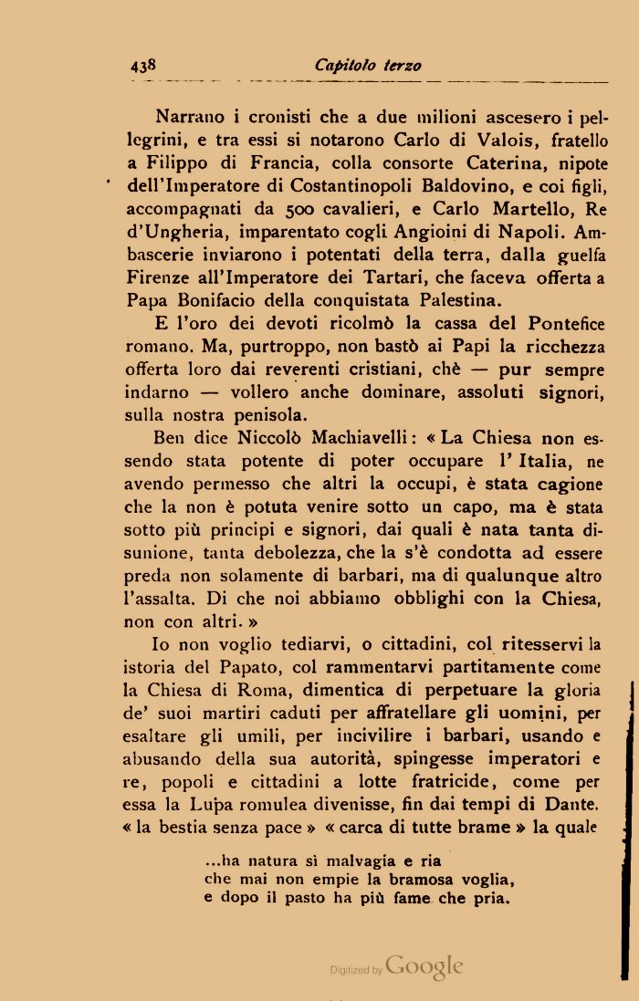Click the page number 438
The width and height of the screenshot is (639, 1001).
143,65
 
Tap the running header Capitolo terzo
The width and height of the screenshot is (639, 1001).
367,65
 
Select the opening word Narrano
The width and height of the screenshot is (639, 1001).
190,117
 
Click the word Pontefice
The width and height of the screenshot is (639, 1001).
565,323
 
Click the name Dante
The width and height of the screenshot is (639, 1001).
572,805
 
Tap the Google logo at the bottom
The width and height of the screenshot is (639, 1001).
424,966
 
